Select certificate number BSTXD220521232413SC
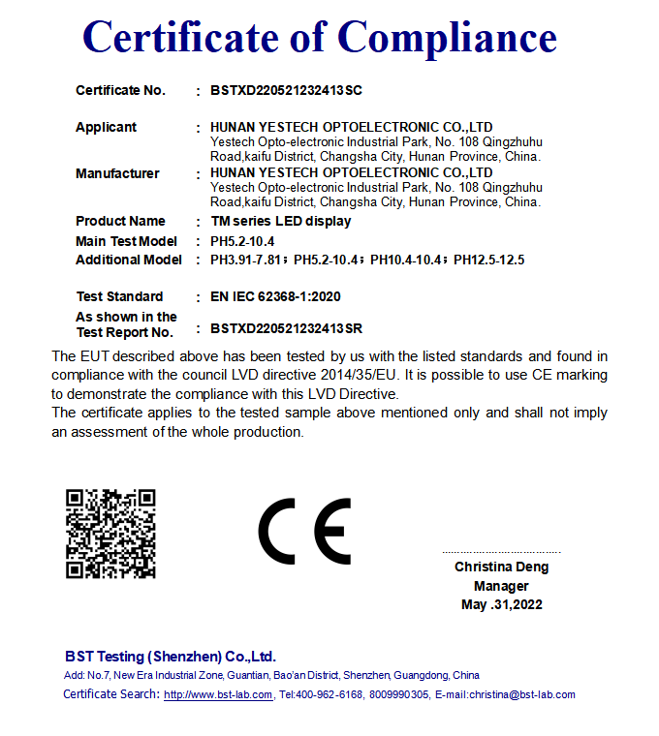click(286, 90)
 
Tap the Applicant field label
click(106, 127)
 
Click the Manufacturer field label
click(117, 173)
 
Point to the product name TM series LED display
click(280, 221)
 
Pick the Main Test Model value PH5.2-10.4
click(242, 241)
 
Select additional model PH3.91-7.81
click(247, 260)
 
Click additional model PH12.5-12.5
click(488, 260)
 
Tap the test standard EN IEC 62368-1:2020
click(275, 296)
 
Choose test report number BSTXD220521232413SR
click(286, 329)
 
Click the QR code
click(110, 534)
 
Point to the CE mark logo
click(304, 532)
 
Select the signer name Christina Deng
click(501, 567)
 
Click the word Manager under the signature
click(501, 586)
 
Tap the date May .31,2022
click(501, 605)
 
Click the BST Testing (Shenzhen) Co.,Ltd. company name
click(171, 656)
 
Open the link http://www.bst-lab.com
click(218, 694)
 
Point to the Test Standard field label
click(119, 296)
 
